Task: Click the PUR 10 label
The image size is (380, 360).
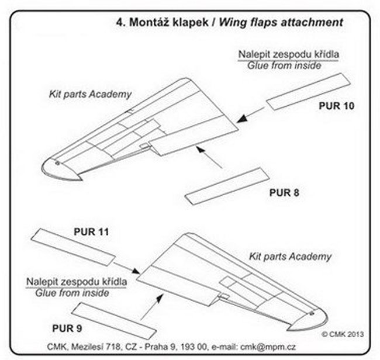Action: (x=337, y=106)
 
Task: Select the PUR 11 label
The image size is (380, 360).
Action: (x=92, y=231)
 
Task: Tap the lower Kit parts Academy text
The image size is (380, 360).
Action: (x=298, y=256)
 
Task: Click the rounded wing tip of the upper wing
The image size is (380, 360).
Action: (x=58, y=170)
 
